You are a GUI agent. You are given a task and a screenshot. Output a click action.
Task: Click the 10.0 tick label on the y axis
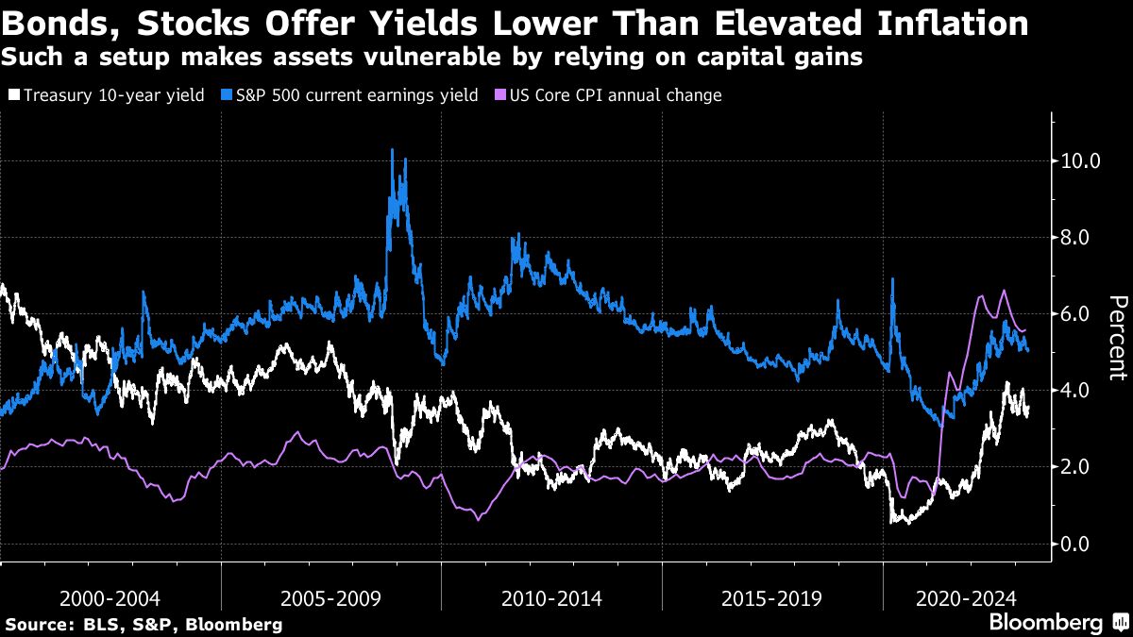(1074, 160)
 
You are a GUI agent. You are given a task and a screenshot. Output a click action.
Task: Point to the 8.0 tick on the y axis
(1074, 237)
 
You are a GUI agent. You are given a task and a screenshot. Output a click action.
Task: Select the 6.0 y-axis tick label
(1074, 313)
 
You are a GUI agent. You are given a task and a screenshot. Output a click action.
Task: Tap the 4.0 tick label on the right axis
(1074, 391)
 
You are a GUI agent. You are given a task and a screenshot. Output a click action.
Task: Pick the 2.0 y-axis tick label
(1074, 467)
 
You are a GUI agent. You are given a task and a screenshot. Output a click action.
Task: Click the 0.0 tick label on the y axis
(1074, 544)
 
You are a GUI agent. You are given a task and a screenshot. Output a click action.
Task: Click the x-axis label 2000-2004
(110, 598)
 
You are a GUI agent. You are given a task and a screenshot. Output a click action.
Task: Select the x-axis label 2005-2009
(331, 598)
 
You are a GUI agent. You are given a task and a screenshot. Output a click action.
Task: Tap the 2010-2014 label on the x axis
(551, 598)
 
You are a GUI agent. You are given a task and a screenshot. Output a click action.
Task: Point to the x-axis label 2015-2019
(772, 598)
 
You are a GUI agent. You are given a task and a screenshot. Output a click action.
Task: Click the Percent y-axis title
(1117, 337)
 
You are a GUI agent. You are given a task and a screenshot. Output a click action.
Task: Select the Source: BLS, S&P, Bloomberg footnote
(144, 624)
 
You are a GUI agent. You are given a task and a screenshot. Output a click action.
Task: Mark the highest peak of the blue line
(392, 150)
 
